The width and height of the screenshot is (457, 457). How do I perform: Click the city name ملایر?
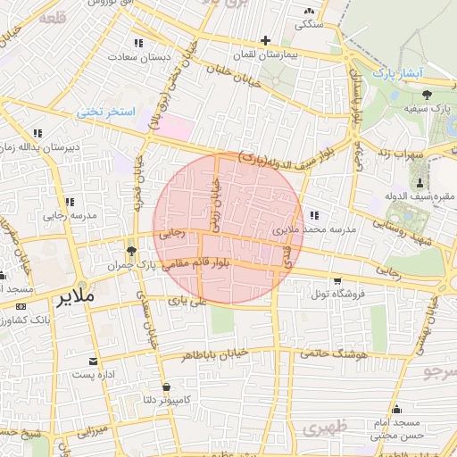74,297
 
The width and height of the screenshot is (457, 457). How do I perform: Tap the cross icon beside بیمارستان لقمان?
265,40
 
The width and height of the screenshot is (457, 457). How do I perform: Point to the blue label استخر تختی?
104,112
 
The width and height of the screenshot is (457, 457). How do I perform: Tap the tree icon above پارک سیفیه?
428,94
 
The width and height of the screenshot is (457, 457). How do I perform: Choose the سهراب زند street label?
397,153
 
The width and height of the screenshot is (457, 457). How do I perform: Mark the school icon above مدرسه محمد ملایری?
314,215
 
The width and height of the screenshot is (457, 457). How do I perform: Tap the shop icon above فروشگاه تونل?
337,280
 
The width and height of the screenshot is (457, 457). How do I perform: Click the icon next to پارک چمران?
131,251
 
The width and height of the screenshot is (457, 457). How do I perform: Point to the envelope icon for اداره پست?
94,361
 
